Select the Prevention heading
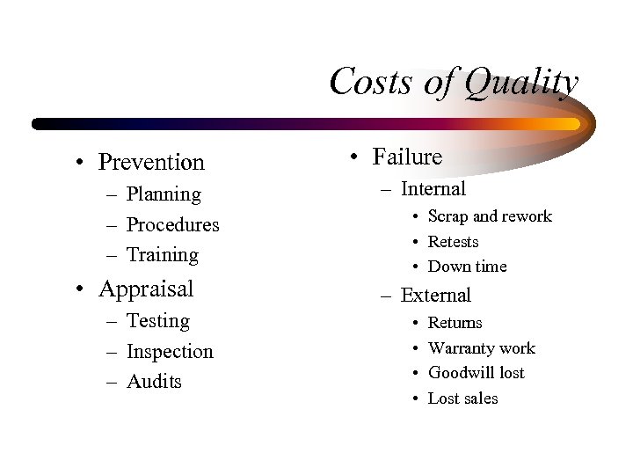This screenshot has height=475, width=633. tap(151, 162)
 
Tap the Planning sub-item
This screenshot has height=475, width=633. tap(164, 194)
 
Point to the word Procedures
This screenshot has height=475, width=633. tap(173, 224)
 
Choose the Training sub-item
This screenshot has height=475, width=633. tap(163, 255)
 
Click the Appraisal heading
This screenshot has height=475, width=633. tap(146, 289)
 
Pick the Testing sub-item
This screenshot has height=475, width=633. tap(158, 321)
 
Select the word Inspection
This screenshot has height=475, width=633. tap(170, 352)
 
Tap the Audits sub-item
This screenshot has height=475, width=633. tap(154, 382)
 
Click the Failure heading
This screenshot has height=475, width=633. tap(407, 157)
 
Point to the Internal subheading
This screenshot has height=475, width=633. tap(433, 189)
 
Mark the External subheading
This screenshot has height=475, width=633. tap(436, 296)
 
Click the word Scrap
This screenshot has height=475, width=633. tap(448, 216)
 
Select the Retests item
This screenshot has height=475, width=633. tap(454, 242)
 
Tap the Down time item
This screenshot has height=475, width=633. tap(468, 267)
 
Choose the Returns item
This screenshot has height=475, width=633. tap(455, 323)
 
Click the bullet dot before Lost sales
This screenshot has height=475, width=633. tap(415, 398)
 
